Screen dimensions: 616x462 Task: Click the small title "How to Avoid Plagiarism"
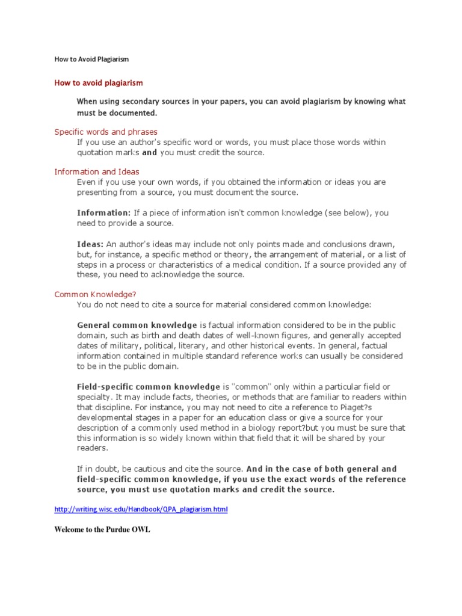point(91,60)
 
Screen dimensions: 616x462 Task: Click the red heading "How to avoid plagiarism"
point(99,83)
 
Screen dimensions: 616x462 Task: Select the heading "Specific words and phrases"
point(106,132)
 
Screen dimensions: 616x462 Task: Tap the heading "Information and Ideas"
point(97,172)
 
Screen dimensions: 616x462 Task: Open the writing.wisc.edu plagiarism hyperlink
point(141,510)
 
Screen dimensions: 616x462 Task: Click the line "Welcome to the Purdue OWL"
point(102,531)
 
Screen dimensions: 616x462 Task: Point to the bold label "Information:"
point(103,213)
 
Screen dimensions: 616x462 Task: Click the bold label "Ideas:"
point(90,244)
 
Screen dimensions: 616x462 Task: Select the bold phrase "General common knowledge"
point(137,325)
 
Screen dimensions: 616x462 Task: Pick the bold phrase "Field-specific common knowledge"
point(149,386)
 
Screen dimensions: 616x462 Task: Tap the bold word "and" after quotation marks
point(150,152)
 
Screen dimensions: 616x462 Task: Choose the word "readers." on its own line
point(92,448)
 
